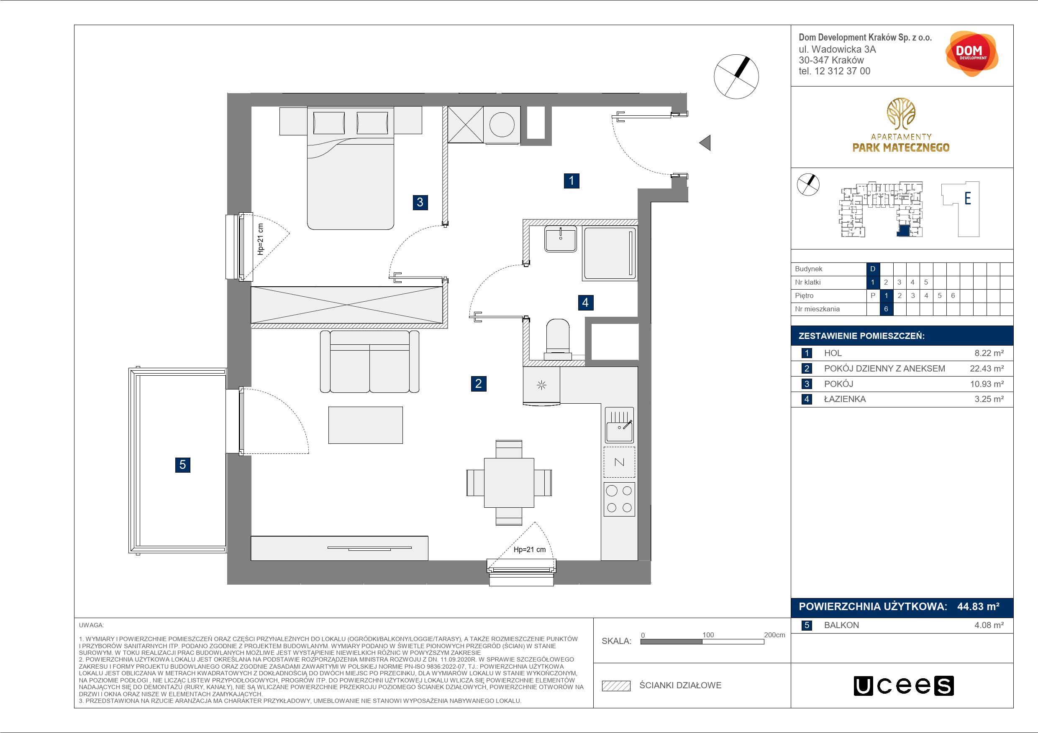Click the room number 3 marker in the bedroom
[420, 202]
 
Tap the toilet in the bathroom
[558, 339]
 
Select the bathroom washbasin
[561, 239]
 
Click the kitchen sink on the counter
[619, 425]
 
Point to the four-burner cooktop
[619, 499]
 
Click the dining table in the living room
[509, 483]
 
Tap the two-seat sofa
[369, 361]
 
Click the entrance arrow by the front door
[705, 143]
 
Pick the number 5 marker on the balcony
[183, 465]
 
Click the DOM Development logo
[971, 54]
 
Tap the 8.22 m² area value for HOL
[989, 353]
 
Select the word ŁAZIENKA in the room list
[845, 399]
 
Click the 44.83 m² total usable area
[978, 606]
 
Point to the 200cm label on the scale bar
[774, 634]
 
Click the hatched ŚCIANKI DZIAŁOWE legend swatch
[616, 686]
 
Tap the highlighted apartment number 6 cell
[886, 309]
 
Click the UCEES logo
[903, 686]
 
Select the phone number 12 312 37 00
[842, 71]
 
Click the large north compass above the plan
[736, 76]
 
